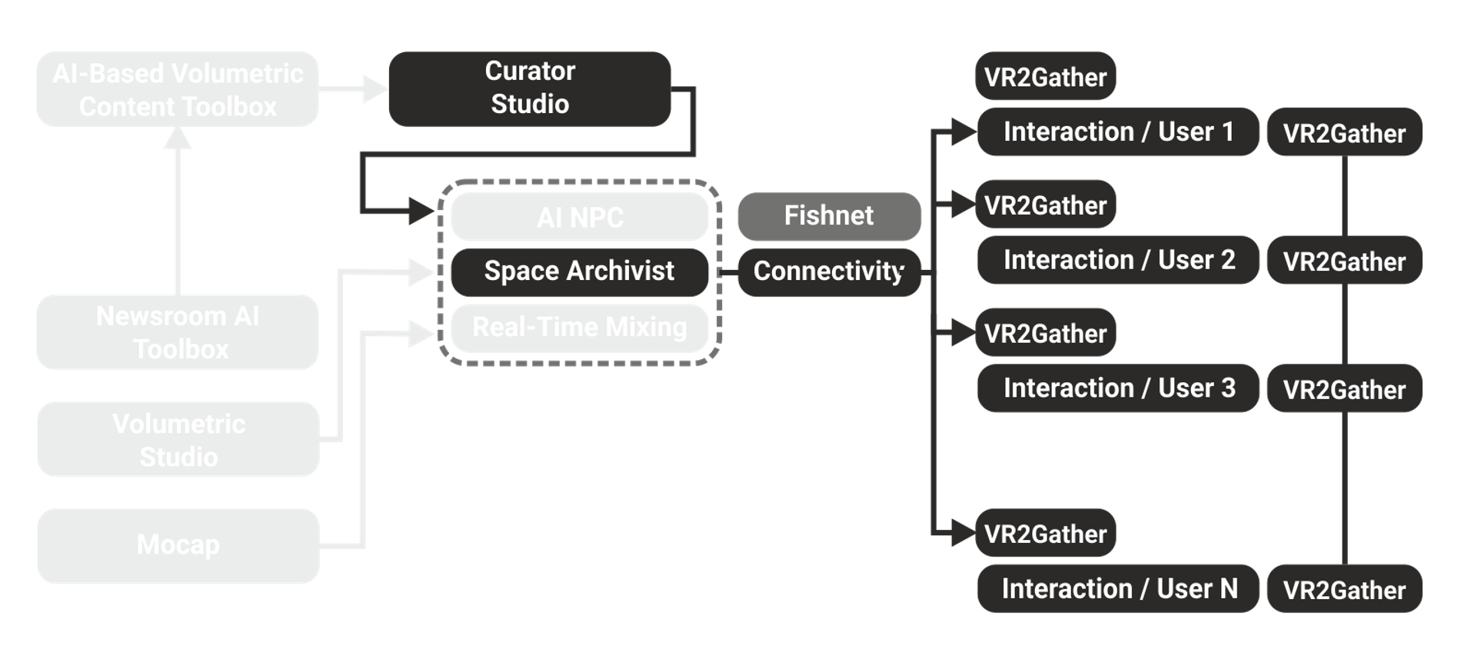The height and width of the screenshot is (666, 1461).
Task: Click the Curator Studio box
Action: click(530, 88)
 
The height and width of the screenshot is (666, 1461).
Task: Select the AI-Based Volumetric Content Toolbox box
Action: click(178, 89)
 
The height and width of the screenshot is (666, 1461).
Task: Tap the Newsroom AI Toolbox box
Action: click(178, 332)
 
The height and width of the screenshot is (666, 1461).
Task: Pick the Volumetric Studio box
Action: click(178, 439)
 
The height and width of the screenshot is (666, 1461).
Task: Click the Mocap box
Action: click(178, 545)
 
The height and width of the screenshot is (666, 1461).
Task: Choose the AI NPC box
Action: click(580, 217)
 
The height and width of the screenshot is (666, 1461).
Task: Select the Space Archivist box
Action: click(580, 271)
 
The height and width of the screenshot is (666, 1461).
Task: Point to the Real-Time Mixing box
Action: click(580, 328)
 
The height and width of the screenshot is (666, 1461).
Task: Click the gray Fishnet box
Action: click(829, 216)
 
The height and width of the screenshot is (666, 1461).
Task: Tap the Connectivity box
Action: click(829, 271)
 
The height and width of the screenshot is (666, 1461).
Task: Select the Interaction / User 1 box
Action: click(1118, 132)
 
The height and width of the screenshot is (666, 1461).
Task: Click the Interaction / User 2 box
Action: click(1118, 261)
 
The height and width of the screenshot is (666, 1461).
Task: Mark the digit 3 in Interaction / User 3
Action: click(1227, 388)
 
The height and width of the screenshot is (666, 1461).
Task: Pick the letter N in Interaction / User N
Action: click(1228, 589)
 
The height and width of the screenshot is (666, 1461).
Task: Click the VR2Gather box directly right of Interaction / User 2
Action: click(1344, 261)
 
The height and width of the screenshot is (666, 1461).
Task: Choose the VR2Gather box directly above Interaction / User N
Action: click(1045, 534)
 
